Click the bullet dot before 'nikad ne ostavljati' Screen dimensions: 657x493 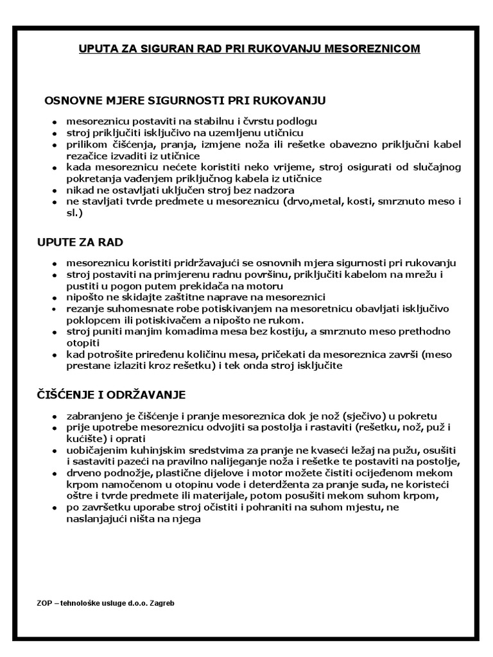click(55, 191)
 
